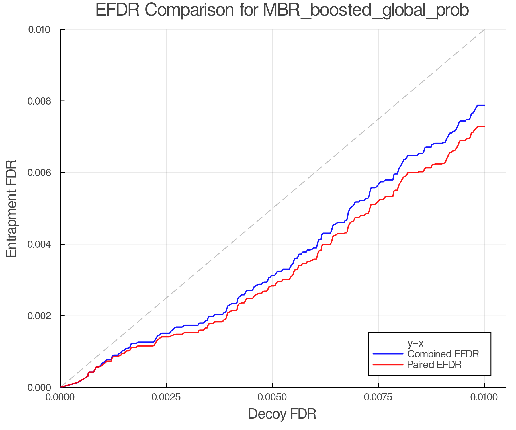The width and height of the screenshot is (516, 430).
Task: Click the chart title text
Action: point(282,10)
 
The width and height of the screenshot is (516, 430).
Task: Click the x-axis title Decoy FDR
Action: point(282,414)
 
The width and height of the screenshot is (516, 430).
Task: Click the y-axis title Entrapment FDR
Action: point(11,208)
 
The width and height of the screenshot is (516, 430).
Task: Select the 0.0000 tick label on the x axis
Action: point(60,397)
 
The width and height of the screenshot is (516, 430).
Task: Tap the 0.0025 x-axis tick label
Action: point(166,397)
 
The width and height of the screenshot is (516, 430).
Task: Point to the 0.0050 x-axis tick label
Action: point(272,397)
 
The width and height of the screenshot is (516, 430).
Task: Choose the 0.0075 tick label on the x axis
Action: point(378,397)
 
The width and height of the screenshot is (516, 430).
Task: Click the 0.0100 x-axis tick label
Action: point(484,397)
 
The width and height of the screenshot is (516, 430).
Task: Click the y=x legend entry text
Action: point(415,343)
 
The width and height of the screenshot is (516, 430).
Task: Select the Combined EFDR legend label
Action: point(443,354)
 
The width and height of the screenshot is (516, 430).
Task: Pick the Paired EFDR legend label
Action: point(434,365)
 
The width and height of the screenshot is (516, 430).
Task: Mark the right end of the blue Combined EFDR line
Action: point(484,105)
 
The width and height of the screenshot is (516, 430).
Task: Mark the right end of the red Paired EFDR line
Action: point(484,126)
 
